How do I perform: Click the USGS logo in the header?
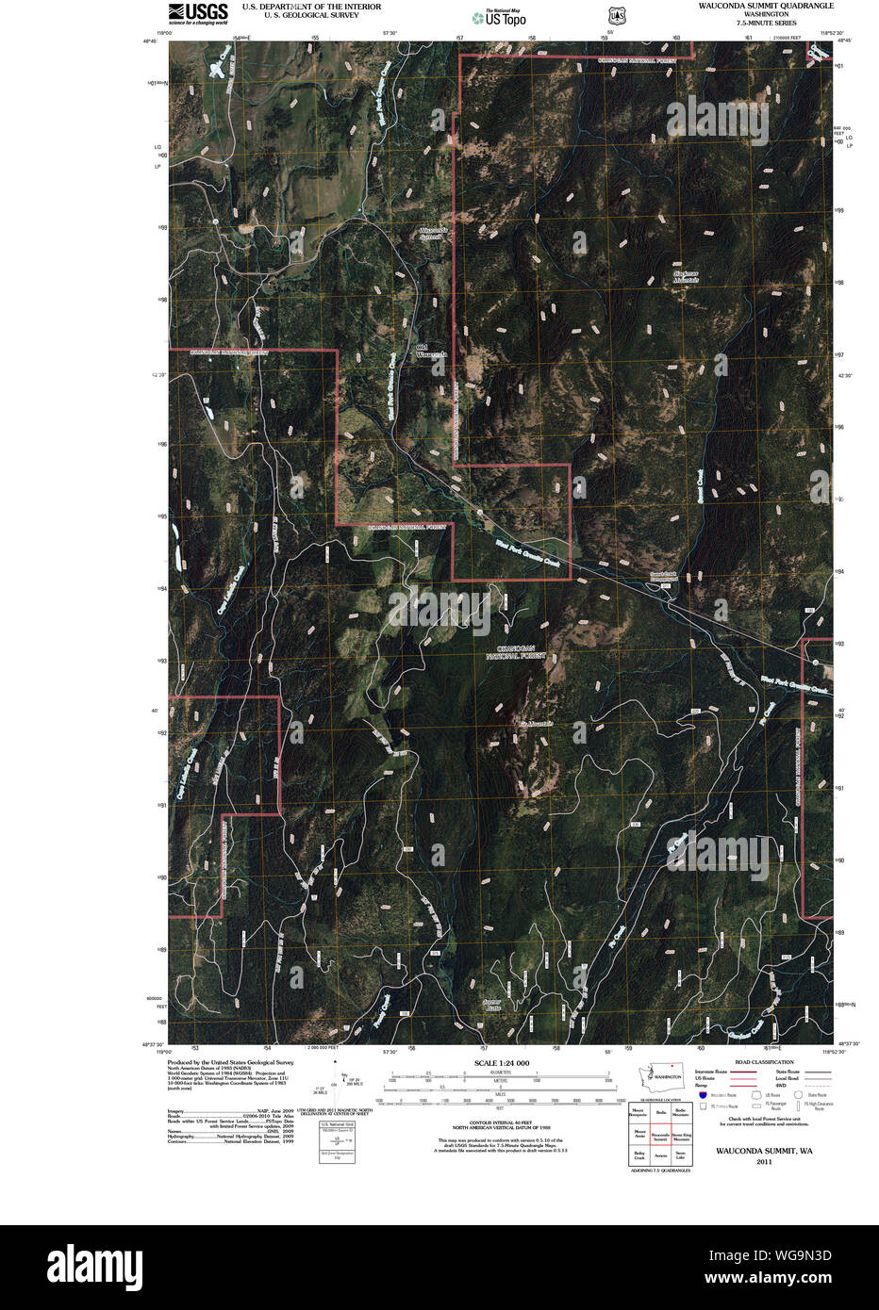[x=198, y=13]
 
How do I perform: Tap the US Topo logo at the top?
[x=500, y=17]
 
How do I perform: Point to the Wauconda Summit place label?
[x=431, y=233]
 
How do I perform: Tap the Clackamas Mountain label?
[x=686, y=277]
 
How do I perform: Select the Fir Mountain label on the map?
[x=536, y=724]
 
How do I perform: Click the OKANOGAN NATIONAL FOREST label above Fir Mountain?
[x=516, y=652]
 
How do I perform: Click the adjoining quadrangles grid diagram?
[x=660, y=1135]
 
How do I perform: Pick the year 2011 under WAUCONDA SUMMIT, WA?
[x=764, y=1162]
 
